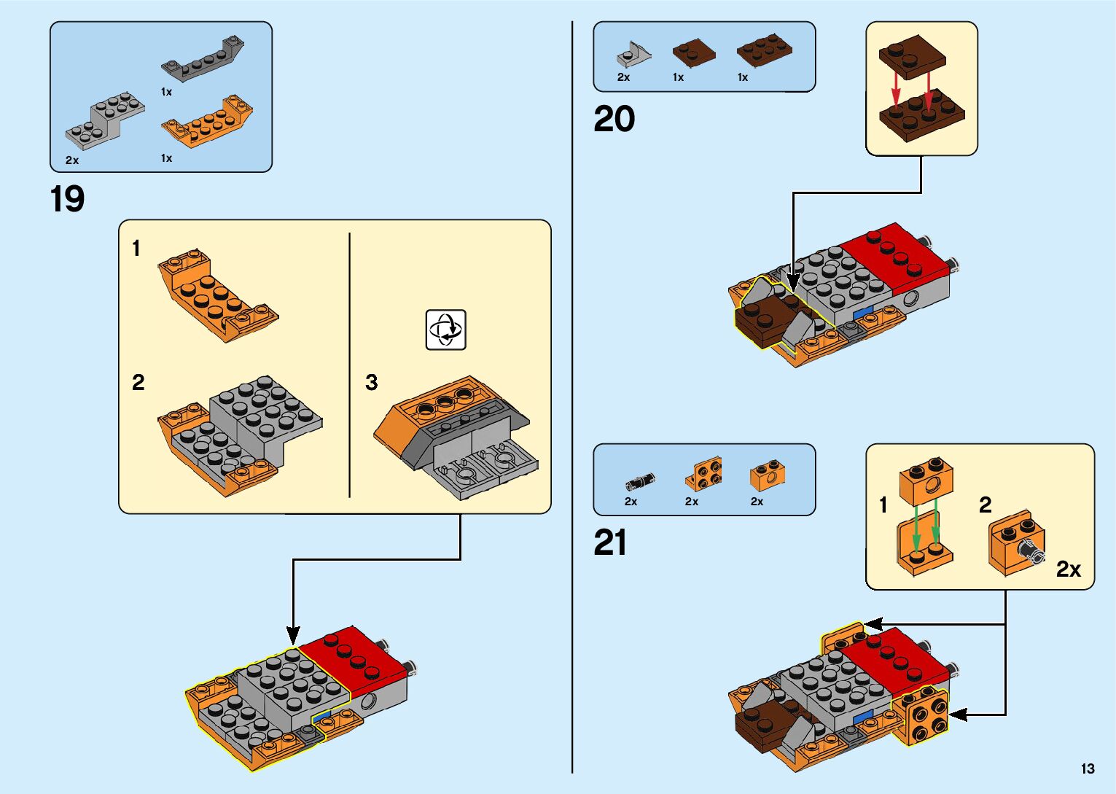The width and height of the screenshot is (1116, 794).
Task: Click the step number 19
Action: coord(67,199)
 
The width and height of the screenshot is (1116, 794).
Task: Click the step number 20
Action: coord(614,119)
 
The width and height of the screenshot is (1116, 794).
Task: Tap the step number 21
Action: coord(610,543)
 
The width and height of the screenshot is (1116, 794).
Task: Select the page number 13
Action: coord(1088,768)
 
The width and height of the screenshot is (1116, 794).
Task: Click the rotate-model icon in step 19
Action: coord(445,330)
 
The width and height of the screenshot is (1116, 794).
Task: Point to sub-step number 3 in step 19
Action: coord(372,382)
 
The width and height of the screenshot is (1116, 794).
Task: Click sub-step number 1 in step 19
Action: coord(136,249)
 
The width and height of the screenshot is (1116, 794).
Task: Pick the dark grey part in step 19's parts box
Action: coord(202,58)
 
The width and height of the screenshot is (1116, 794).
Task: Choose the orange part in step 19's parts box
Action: coord(207,120)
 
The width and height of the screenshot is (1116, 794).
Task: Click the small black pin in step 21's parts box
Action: coord(640,481)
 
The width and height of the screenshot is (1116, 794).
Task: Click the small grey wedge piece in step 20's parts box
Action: coord(633,54)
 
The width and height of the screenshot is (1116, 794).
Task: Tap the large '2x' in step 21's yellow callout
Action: coord(1068,569)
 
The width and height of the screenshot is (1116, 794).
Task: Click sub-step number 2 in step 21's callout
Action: coord(986,505)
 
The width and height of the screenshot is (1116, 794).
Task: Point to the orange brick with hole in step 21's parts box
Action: coord(768,475)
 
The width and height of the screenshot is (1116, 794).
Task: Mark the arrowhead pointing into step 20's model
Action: coord(794,283)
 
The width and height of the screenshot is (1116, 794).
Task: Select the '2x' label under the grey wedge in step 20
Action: coord(623,77)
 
